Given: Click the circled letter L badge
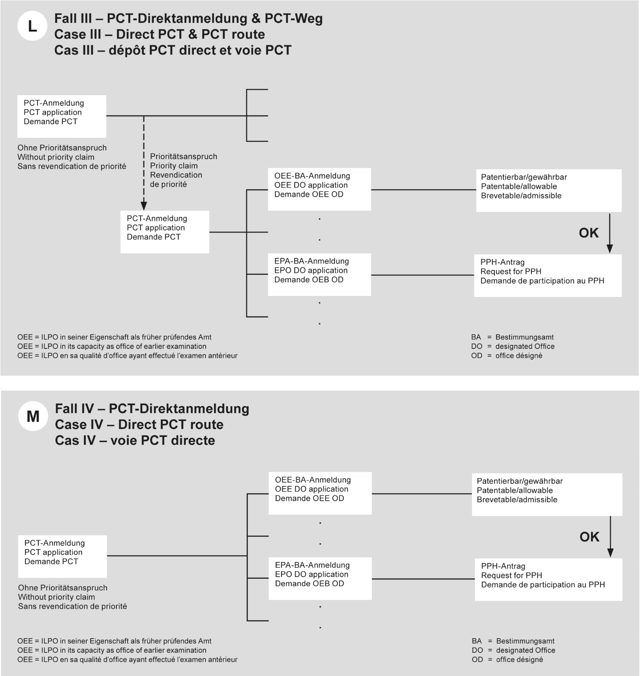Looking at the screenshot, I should pyautogui.click(x=32, y=26).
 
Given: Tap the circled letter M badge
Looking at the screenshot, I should pyautogui.click(x=33, y=417).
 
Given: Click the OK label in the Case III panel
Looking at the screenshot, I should pyautogui.click(x=588, y=233).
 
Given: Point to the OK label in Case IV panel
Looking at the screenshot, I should pyautogui.click(x=589, y=537).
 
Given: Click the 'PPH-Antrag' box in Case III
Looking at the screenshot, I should pyautogui.click(x=547, y=275).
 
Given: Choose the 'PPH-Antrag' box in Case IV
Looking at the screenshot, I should pyautogui.click(x=548, y=579).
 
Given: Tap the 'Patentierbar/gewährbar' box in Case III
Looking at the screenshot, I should pyautogui.click(x=548, y=190).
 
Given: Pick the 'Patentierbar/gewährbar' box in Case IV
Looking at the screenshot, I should pyautogui.click(x=547, y=494).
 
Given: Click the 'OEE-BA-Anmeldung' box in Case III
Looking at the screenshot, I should pyautogui.click(x=319, y=189).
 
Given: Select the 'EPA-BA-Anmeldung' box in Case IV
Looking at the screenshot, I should pyautogui.click(x=320, y=578).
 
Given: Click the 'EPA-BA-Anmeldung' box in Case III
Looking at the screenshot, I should pyautogui.click(x=319, y=274).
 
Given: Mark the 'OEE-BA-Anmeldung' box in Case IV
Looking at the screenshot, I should pyautogui.click(x=320, y=493).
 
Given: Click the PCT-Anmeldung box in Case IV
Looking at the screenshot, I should pyautogui.click(x=62, y=556).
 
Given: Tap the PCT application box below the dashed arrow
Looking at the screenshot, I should pyautogui.click(x=165, y=232).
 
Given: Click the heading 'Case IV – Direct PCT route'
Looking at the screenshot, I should pyautogui.click(x=139, y=424).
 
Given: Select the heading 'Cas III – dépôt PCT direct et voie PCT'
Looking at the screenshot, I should pyautogui.click(x=173, y=50).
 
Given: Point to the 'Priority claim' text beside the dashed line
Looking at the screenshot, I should pyautogui.click(x=174, y=166).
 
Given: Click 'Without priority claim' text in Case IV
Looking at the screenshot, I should pyautogui.click(x=57, y=597).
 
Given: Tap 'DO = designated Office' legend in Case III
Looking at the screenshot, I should pyautogui.click(x=513, y=346).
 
